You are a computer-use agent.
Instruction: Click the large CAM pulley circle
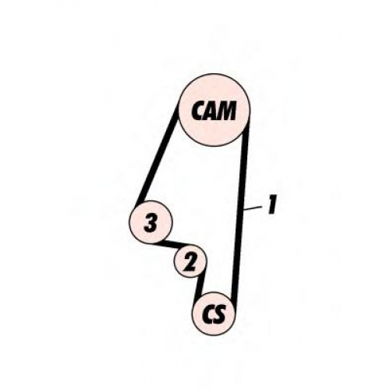click(x=215, y=110)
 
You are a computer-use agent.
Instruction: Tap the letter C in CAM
click(x=198, y=111)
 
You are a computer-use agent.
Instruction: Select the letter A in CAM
click(x=211, y=111)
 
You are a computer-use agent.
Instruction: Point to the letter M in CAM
click(x=228, y=111)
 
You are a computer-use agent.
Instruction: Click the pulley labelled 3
click(x=151, y=222)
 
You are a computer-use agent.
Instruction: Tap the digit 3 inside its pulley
click(x=151, y=222)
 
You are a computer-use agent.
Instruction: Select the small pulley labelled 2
click(x=190, y=261)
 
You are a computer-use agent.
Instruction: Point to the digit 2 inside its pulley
click(x=190, y=261)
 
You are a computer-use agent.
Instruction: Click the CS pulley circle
click(x=214, y=314)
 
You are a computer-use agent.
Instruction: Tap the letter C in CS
click(x=207, y=314)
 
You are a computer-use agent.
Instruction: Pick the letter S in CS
click(x=219, y=314)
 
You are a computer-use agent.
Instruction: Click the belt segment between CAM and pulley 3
click(x=159, y=154)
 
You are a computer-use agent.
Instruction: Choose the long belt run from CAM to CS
click(x=240, y=213)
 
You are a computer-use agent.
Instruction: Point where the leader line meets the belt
click(x=244, y=209)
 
